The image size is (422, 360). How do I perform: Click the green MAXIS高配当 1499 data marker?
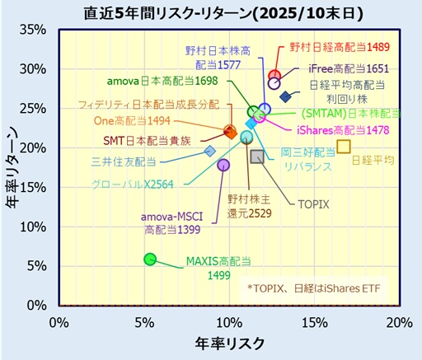(149, 259)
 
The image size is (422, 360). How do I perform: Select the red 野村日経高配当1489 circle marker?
(274, 76)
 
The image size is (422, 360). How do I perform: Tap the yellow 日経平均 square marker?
(344, 147)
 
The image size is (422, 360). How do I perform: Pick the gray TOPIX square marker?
(256, 157)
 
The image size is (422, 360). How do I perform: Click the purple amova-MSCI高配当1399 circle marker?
(223, 165)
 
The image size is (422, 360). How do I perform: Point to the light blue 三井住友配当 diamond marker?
(210, 151)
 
